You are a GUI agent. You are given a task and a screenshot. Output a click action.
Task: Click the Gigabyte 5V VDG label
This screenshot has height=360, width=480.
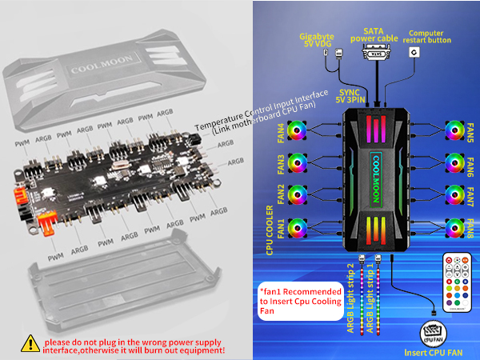(x=316, y=41)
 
